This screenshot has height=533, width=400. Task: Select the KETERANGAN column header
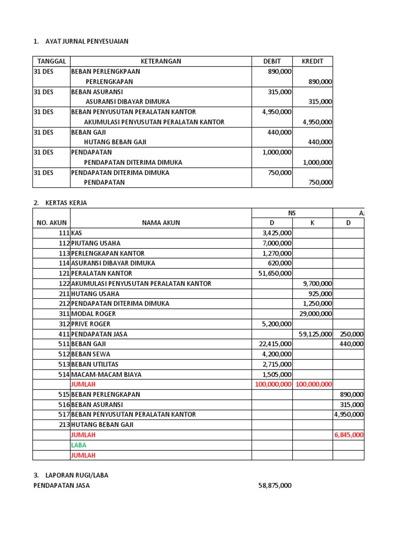[161, 61]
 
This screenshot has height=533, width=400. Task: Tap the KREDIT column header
[312, 61]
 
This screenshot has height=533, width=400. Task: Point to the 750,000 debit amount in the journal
[279, 173]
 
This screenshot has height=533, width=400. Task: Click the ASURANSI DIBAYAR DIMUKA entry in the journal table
[128, 102]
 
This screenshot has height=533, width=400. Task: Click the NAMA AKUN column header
[161, 223]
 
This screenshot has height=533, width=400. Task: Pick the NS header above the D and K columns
[292, 213]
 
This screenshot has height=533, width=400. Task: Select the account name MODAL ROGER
[93, 314]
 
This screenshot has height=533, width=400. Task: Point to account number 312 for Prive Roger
[64, 324]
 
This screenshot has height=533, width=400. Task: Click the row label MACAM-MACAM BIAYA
[106, 374]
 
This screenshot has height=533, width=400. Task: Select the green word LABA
[79, 445]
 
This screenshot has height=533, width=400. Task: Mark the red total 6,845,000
[349, 435]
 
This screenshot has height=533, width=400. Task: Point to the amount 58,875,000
[275, 486]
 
